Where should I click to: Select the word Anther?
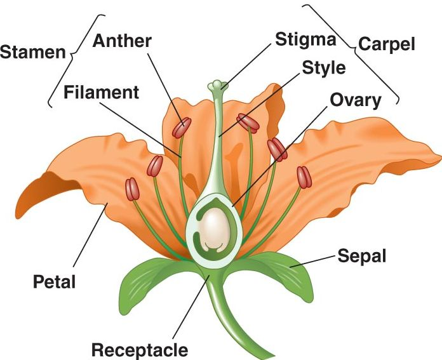coord(122,41)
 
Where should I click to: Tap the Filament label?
coord(102,93)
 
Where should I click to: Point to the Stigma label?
coord(305,39)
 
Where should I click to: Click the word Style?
coord(324,67)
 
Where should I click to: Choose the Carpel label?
coord(386,44)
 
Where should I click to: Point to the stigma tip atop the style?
coord(218,84)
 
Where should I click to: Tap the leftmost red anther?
coord(132,189)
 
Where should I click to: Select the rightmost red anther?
coord(305,177)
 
